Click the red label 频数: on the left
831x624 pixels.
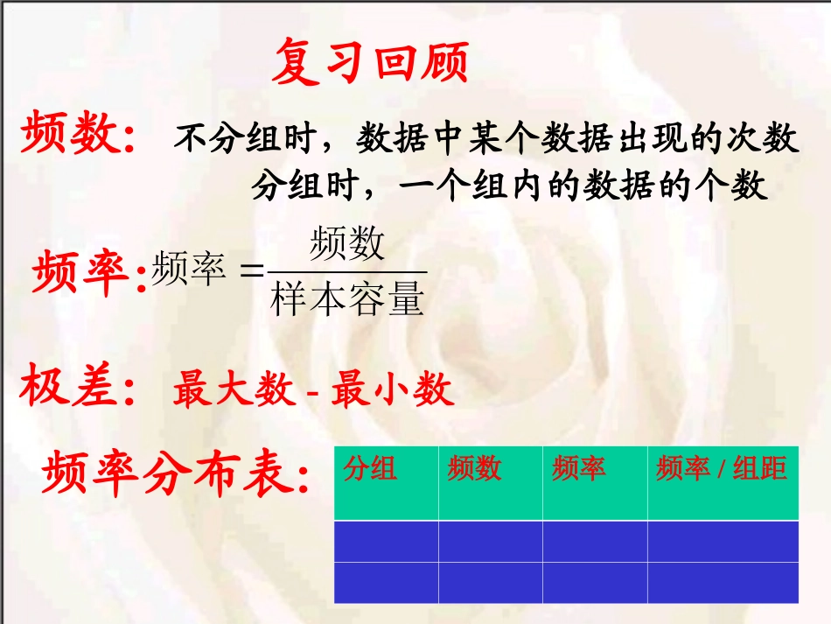click(79, 136)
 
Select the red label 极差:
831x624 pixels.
click(79, 389)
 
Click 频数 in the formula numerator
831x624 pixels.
click(347, 244)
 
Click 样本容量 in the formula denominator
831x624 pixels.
click(347, 298)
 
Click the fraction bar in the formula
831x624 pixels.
click(347, 272)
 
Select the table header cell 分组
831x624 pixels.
click(370, 469)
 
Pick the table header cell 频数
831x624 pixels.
click(474, 469)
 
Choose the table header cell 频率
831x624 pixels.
click(578, 469)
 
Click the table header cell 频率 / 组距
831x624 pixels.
click(722, 469)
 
